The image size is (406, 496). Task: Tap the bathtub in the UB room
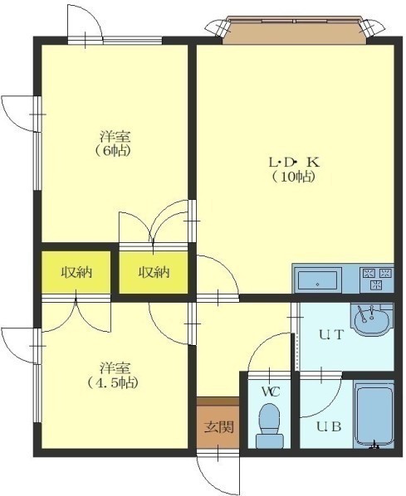coord(374,416)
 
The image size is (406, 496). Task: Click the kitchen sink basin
coord(317,280)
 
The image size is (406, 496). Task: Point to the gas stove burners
coord(377,280)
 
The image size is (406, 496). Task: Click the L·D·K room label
coord(294,163)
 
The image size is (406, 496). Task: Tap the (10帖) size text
coord(294,177)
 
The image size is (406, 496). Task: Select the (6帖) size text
coord(112,151)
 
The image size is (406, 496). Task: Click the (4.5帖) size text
coord(113,383)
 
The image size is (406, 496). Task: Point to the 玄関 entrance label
coord(218,427)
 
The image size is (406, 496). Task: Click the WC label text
coord(271,392)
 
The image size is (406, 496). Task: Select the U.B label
coord(329,427)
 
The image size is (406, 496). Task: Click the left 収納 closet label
coord(76,272)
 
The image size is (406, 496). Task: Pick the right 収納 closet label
coord(154,272)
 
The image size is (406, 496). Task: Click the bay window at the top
coord(295,29)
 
